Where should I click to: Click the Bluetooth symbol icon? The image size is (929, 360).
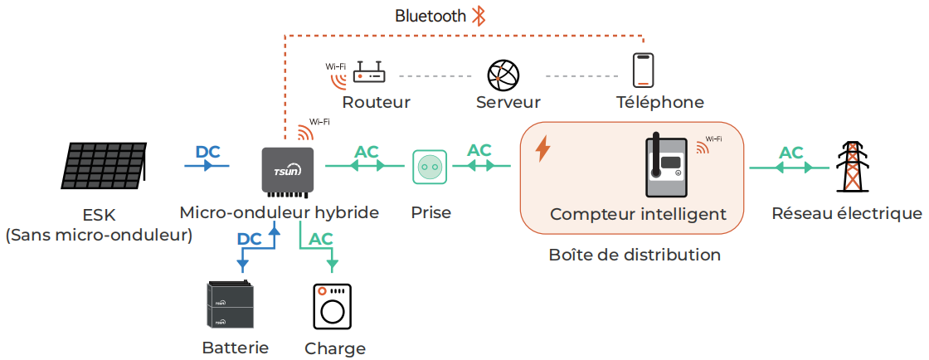click(479, 16)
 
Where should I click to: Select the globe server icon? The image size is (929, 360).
click(503, 75)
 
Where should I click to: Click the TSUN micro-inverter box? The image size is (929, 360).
click(287, 168)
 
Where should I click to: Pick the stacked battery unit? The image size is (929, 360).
click(230, 306)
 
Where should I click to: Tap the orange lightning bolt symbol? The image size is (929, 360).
click(543, 148)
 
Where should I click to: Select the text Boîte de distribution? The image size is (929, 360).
click(635, 255)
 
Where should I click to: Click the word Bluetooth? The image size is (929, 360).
click(430, 16)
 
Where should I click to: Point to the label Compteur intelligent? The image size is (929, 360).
click(638, 215)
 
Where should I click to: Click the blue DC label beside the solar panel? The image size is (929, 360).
click(207, 153)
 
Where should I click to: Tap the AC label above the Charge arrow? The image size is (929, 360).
click(321, 239)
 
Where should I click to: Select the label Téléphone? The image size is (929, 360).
click(659, 103)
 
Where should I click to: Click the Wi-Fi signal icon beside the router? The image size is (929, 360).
click(337, 77)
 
